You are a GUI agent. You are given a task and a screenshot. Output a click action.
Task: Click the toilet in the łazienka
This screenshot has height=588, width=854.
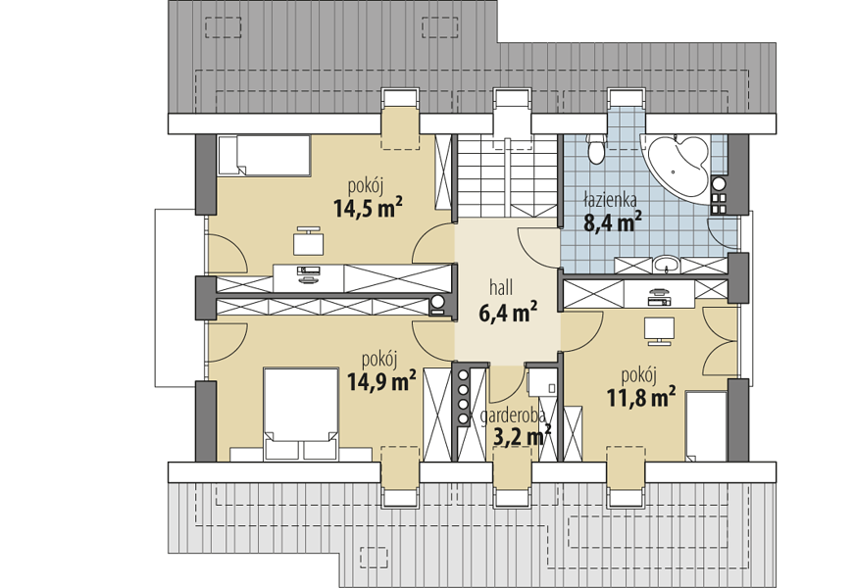(x=596, y=148)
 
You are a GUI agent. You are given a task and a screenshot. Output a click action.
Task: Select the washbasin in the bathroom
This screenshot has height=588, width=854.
(x=665, y=265)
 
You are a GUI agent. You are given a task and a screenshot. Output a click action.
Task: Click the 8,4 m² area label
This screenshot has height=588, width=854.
(x=613, y=221)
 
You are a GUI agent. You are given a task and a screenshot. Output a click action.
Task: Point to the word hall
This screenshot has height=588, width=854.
(x=501, y=287)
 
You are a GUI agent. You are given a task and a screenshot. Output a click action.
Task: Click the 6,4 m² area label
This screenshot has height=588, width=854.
(x=508, y=312)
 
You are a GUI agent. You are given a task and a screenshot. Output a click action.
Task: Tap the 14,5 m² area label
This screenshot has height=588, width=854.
(x=369, y=208)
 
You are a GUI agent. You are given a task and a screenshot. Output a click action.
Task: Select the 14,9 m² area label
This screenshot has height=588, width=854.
(x=381, y=381)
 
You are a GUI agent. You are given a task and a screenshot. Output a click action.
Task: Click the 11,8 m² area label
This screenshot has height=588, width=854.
(x=641, y=397)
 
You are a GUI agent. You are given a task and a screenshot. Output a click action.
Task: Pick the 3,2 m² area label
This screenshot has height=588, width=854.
(x=522, y=435)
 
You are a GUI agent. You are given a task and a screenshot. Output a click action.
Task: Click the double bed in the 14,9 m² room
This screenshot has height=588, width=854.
(x=301, y=415)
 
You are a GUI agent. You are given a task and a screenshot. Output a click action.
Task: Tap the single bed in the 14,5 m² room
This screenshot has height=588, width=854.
(x=264, y=156)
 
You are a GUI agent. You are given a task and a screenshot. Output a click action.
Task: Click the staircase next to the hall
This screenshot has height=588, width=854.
(x=507, y=176)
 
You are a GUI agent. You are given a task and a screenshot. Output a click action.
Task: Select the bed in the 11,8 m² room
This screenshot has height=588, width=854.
(x=706, y=426)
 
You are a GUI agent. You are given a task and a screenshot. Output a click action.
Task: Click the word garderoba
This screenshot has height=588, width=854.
(x=513, y=416)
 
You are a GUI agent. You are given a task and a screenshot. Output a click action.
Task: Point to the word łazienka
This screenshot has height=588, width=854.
(x=610, y=200)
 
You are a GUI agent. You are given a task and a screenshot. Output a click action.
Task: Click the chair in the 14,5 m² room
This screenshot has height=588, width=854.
(x=309, y=242)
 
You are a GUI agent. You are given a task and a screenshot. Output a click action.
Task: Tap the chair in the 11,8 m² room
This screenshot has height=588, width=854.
(x=659, y=331)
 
